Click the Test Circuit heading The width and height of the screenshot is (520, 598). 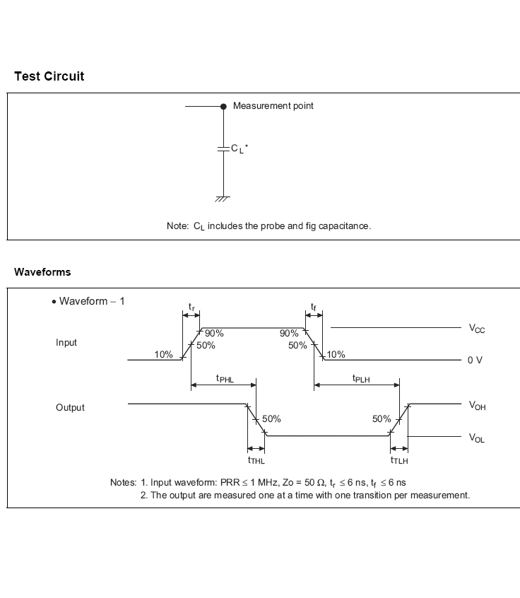point(49,76)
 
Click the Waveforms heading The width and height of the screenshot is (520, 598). point(42,272)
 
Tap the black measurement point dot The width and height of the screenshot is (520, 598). point(223,106)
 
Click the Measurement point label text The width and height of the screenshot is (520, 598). point(273,106)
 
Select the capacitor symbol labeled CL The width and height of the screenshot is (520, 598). point(223,148)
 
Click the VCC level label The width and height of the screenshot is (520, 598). point(477,329)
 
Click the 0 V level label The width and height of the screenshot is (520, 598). point(475,360)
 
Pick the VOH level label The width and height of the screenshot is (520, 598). point(477,406)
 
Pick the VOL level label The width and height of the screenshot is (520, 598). point(477,438)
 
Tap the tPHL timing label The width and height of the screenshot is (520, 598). point(225,379)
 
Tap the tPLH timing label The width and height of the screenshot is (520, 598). point(362,379)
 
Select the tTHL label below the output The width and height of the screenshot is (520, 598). point(256,460)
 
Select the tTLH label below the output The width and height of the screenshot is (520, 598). point(399,460)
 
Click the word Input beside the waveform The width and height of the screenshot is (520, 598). point(66,343)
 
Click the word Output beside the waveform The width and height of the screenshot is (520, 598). point(70,408)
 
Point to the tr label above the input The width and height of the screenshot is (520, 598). point(191,307)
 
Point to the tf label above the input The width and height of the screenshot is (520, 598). point(314,307)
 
